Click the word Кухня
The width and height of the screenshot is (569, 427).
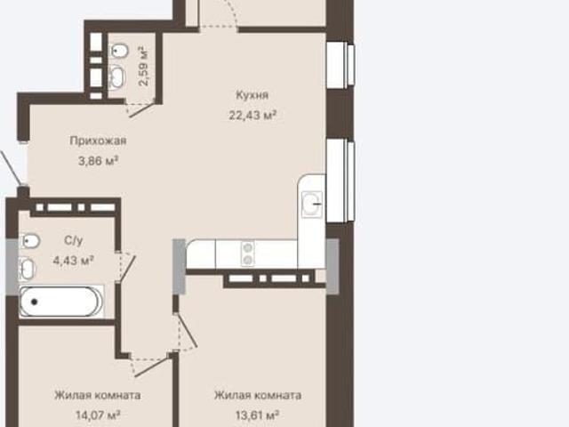[x=252, y=95]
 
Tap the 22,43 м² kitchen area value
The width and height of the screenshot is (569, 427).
[x=252, y=116]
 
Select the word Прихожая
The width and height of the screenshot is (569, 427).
[x=98, y=141]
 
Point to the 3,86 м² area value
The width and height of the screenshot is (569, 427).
[x=99, y=160]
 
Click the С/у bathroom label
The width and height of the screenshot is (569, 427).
[x=73, y=240]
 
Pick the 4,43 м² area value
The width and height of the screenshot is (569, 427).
[x=74, y=261]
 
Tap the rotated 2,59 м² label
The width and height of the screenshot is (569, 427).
[x=144, y=66]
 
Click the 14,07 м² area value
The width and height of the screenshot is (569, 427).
[x=98, y=415]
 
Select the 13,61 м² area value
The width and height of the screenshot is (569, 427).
[x=257, y=415]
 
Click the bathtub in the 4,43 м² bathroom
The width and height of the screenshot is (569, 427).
[x=61, y=302]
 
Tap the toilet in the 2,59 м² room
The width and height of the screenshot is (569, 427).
[x=118, y=52]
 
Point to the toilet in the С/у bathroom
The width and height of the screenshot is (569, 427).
[x=29, y=241]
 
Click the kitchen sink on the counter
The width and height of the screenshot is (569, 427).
[x=312, y=205]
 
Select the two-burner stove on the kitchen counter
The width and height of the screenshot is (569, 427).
[x=248, y=254]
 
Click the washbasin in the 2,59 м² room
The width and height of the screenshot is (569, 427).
[x=117, y=77]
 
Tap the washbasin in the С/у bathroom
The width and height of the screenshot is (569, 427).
[x=26, y=269]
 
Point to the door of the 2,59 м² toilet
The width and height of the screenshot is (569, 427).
[x=140, y=108]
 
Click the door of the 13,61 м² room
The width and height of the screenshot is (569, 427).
[x=186, y=332]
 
